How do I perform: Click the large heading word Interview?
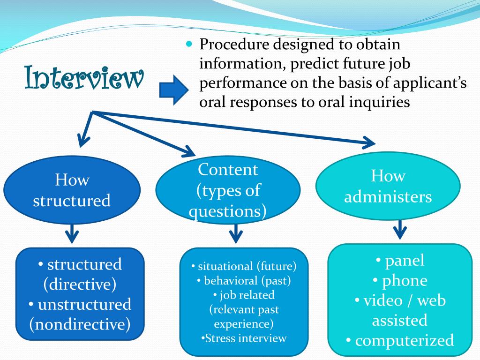[83, 79]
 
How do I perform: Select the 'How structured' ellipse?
[72, 190]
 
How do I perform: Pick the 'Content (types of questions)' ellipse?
[228, 190]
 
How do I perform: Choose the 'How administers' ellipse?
[388, 186]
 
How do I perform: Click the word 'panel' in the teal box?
[405, 260]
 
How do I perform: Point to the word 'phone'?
[405, 280]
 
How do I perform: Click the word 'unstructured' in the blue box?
[84, 304]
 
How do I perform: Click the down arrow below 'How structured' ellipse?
[72, 233]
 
